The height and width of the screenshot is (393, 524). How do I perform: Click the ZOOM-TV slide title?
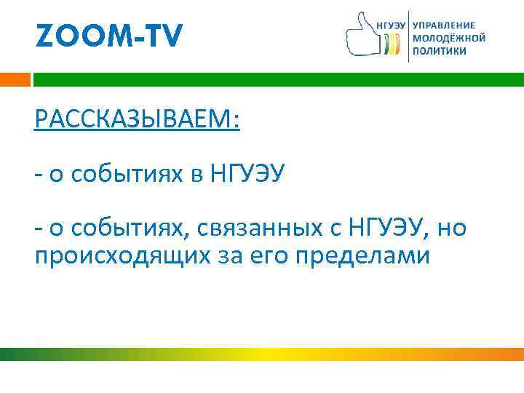click(x=108, y=35)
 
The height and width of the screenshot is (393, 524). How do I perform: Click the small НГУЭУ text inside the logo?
click(x=392, y=24)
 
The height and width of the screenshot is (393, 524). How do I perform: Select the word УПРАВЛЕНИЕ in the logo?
click(x=448, y=24)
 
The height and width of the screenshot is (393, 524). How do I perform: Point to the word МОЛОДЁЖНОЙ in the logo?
click(x=448, y=38)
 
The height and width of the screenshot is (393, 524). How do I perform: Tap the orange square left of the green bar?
click(x=15, y=79)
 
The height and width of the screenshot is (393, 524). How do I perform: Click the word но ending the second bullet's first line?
click(x=451, y=229)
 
